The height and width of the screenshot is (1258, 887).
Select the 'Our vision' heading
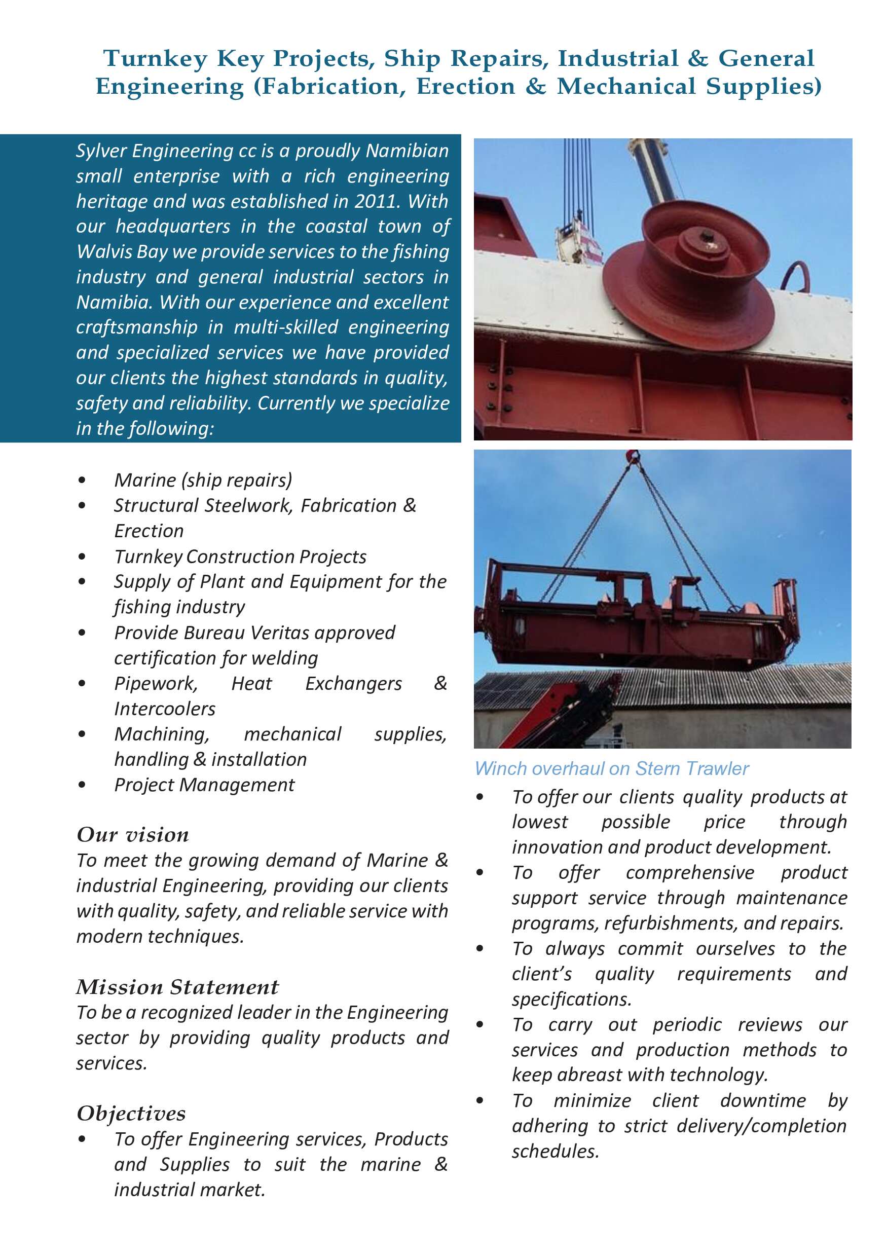point(133,835)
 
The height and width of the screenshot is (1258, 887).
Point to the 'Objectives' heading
point(131,1114)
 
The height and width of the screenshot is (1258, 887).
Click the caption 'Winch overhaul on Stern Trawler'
point(611,769)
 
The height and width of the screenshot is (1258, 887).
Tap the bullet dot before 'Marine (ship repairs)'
point(82,480)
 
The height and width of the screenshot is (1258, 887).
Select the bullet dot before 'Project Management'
point(82,785)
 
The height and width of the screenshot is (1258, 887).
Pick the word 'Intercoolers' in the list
point(165,709)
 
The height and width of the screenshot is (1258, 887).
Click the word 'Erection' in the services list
point(149,531)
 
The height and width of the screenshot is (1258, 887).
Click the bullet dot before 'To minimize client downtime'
point(480,1101)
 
